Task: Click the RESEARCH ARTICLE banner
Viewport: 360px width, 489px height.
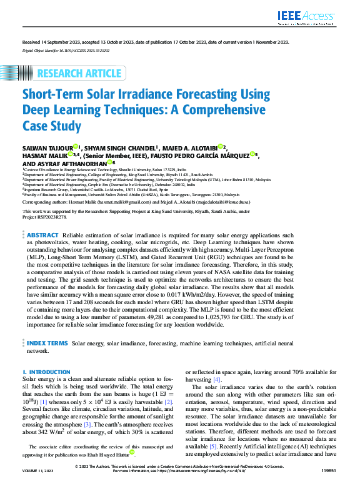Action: (x=79, y=74)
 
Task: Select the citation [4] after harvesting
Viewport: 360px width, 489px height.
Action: (x=217, y=380)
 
